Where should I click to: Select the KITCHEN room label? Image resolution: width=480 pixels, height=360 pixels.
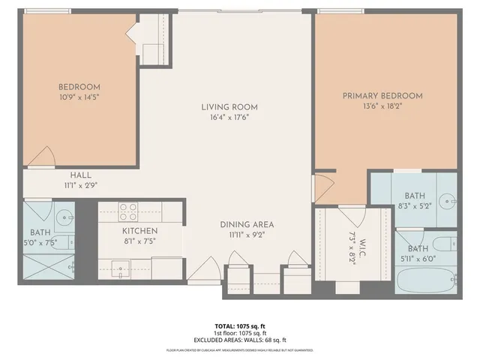coord(140,231)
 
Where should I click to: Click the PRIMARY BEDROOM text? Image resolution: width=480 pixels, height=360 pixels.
coord(382,96)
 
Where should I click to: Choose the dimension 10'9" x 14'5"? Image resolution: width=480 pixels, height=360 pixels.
coord(79,97)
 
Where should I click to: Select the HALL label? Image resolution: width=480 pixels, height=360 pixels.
coord(81,175)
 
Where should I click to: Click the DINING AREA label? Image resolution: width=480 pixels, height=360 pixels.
coord(246,224)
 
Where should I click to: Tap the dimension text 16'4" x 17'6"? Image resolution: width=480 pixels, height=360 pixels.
coord(230,117)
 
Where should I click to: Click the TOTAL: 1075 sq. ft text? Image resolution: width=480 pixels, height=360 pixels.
coord(239,326)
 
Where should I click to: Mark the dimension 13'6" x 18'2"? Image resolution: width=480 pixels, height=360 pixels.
coord(382,107)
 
